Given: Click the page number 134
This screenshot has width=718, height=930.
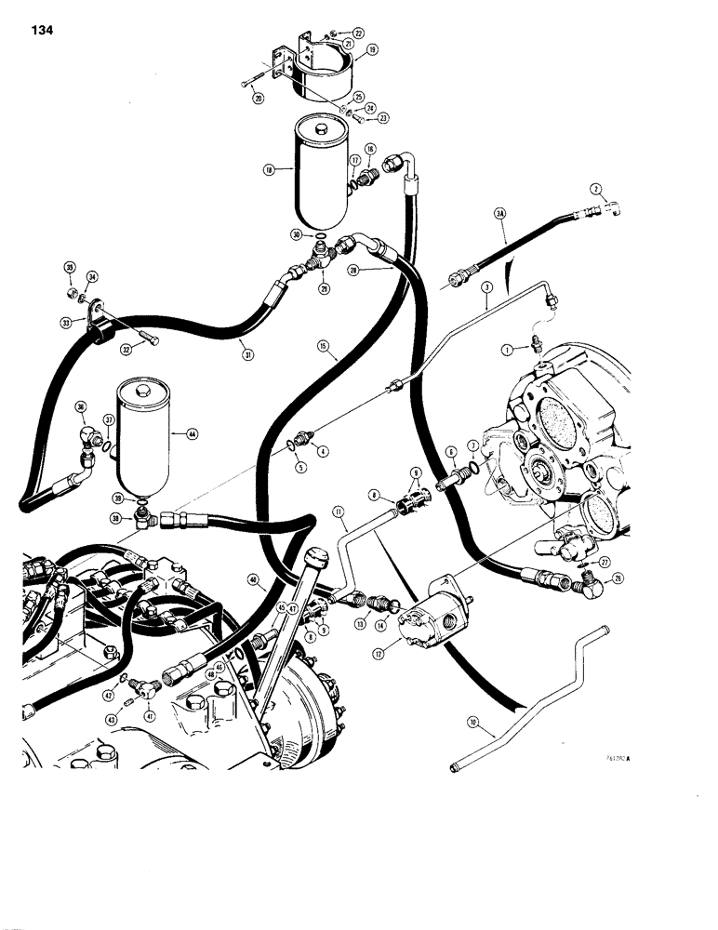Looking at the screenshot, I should tap(43, 30).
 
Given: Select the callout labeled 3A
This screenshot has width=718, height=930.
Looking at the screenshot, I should tap(501, 214).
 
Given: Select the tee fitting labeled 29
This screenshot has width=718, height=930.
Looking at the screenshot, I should tap(319, 263).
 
